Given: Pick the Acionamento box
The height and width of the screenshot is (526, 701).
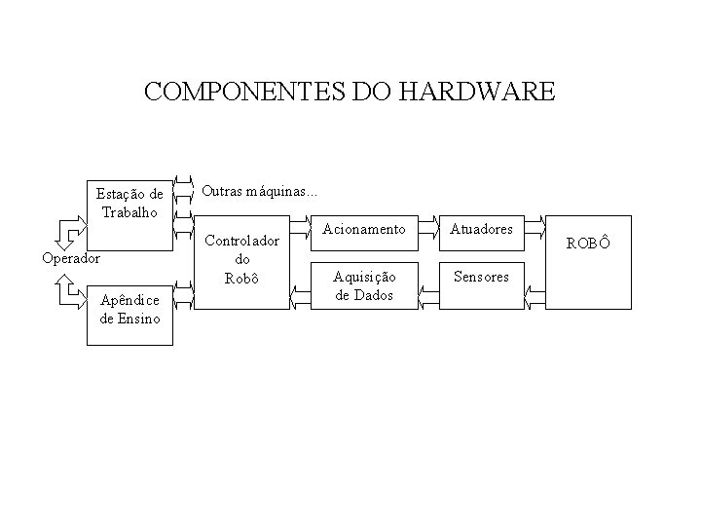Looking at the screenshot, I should (x=364, y=229).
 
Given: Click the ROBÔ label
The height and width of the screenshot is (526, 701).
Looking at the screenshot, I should (x=588, y=243).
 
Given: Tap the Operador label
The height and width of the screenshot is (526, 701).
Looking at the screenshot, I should (x=70, y=258).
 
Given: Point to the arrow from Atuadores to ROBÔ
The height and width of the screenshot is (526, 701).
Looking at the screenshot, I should (x=535, y=231).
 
